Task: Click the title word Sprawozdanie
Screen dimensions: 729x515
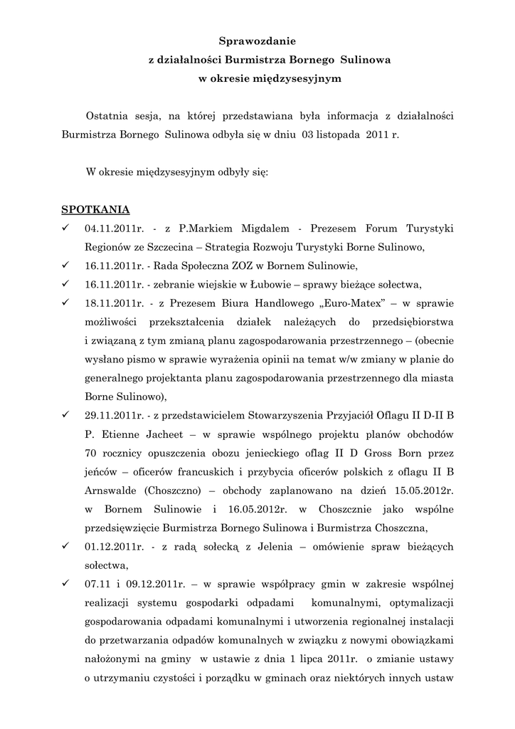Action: (257, 43)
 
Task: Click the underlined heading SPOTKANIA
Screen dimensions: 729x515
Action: (95, 210)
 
